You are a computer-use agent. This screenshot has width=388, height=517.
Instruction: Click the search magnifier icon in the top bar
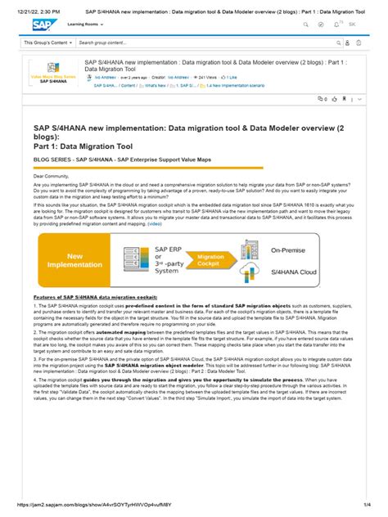tap(305, 25)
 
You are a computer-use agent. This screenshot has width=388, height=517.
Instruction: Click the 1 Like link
tap(231, 77)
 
